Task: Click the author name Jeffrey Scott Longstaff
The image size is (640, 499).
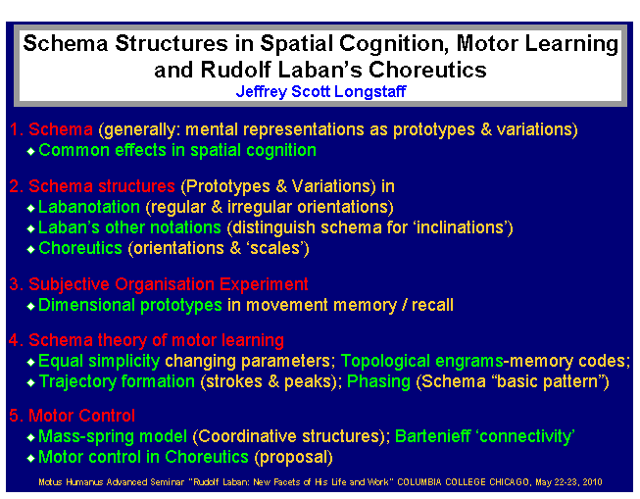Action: click(320, 92)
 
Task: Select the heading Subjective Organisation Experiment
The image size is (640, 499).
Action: click(168, 284)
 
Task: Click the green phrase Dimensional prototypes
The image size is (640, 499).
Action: click(130, 305)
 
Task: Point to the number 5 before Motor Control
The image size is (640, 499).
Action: click(14, 416)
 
